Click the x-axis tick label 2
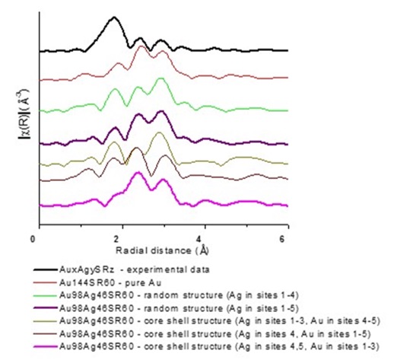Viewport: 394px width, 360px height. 119,238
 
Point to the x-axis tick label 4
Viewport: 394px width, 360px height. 203,238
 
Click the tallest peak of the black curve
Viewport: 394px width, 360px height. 114,18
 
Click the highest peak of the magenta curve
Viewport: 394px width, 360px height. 138,173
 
